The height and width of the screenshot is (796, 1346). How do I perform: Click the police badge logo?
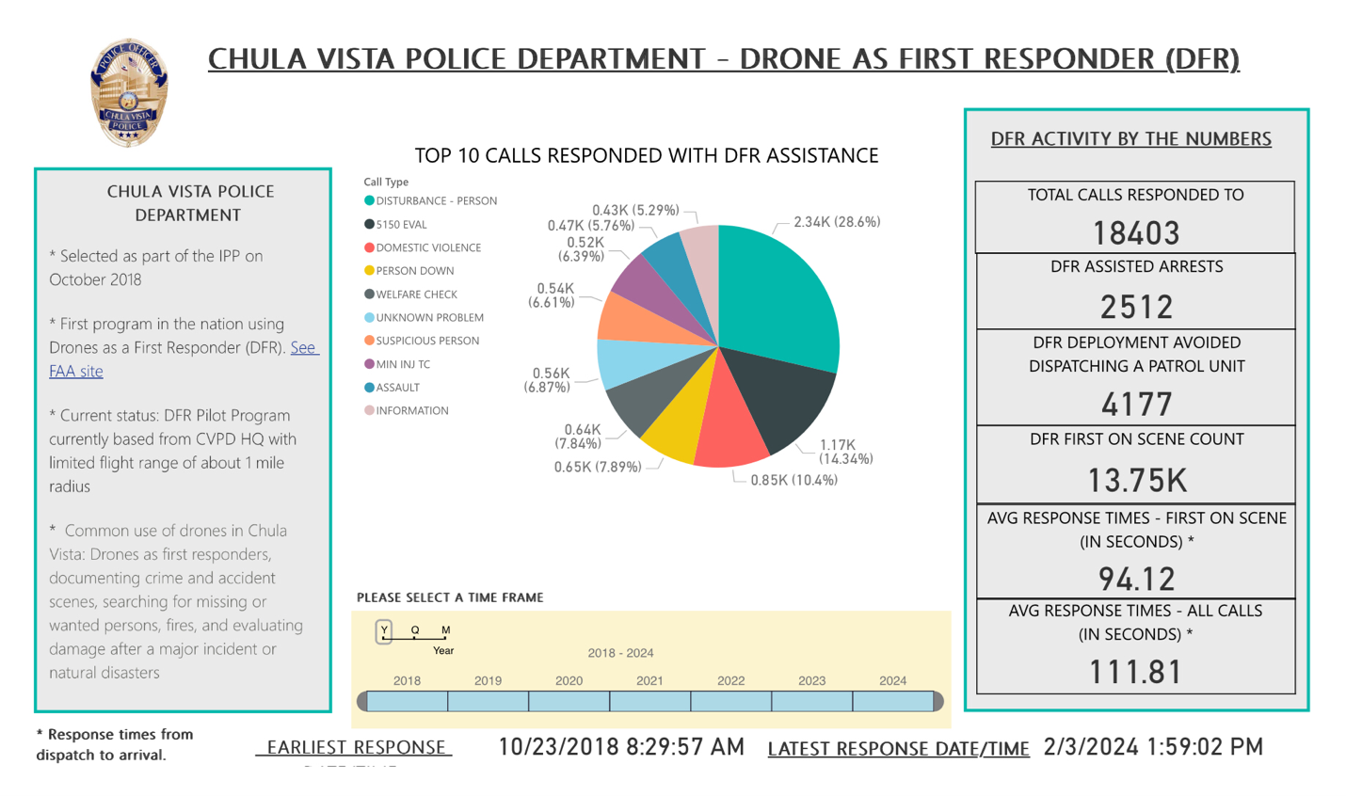tap(129, 92)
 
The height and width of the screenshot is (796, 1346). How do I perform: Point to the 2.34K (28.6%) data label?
tap(836, 222)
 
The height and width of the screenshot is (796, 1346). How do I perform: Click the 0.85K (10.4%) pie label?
tap(793, 480)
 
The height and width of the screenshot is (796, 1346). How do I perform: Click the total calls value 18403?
tap(1135, 232)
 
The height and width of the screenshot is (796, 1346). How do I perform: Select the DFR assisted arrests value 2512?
tap(1136, 307)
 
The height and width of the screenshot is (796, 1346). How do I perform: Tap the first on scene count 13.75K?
tap(1136, 481)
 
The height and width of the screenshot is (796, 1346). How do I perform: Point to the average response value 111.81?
tap(1135, 672)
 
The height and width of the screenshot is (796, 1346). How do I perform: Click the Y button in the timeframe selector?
tap(384, 630)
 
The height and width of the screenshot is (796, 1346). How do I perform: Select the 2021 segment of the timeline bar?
tap(649, 701)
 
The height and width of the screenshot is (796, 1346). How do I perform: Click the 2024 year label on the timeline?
tap(892, 680)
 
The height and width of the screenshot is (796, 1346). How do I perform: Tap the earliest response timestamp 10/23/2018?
tap(620, 747)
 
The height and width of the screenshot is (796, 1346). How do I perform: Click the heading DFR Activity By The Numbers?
tap(1130, 139)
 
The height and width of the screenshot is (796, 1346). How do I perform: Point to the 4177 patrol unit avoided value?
tap(1136, 405)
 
